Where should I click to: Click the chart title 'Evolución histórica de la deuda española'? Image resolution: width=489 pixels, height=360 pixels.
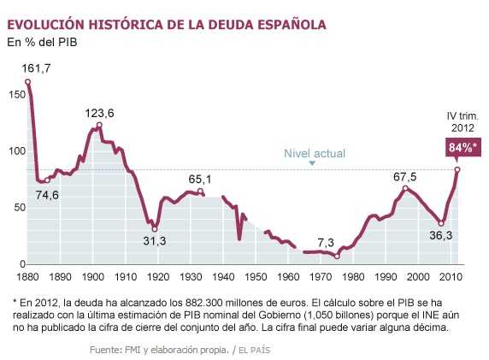(166, 24)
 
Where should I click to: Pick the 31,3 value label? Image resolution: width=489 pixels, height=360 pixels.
(154, 241)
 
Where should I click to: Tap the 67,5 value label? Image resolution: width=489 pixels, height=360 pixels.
(404, 177)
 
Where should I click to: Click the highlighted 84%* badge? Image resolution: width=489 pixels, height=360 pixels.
(462, 147)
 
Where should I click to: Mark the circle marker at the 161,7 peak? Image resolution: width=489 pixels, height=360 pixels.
(28, 82)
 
